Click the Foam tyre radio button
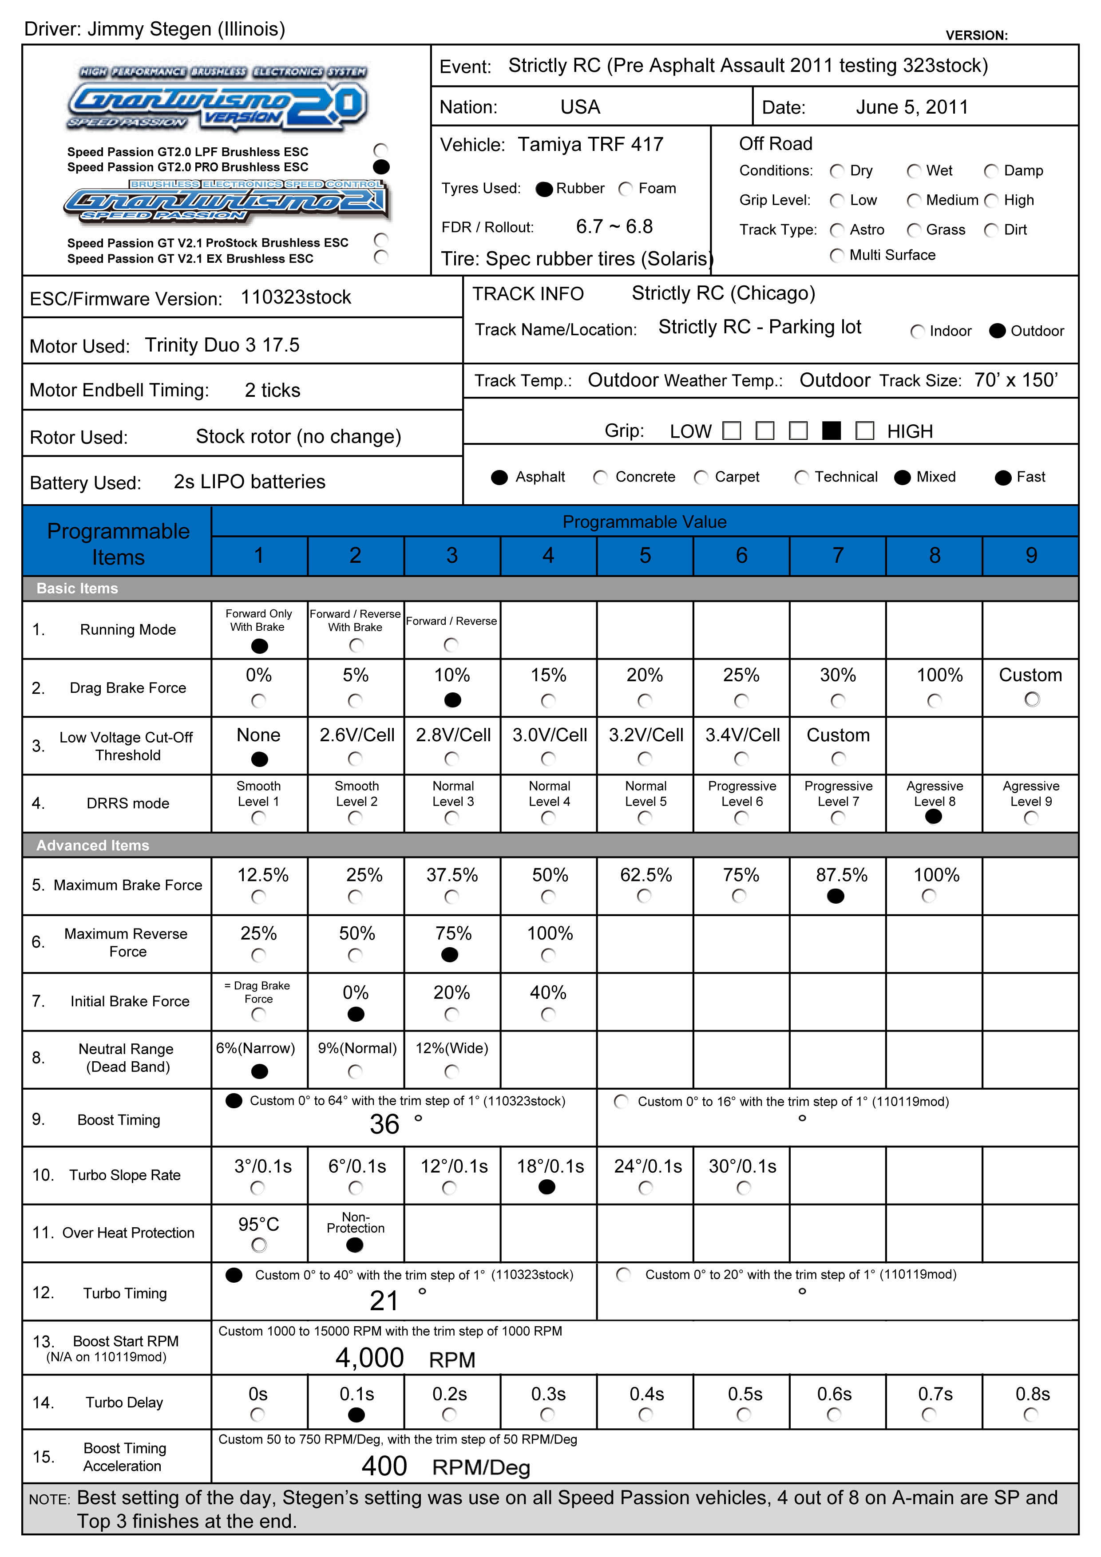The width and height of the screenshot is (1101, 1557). click(x=626, y=189)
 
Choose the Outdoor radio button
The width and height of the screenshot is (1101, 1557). click(x=997, y=331)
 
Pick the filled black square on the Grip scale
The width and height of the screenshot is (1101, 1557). click(x=831, y=431)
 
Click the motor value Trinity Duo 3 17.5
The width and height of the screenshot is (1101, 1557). click(x=222, y=345)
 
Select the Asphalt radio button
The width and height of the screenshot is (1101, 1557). click(x=499, y=478)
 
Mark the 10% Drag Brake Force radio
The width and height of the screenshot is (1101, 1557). click(x=452, y=700)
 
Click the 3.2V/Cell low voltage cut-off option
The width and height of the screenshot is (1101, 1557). click(x=645, y=758)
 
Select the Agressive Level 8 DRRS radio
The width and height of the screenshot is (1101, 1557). click(x=934, y=817)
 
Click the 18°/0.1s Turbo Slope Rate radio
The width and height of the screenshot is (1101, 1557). click(x=547, y=1187)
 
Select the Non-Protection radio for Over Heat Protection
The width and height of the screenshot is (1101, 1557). click(x=355, y=1245)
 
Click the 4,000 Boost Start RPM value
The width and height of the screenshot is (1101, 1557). click(x=370, y=1358)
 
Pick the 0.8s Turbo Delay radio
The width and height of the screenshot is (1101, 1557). click(x=1031, y=1415)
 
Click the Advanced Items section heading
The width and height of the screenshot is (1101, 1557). click(x=93, y=845)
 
